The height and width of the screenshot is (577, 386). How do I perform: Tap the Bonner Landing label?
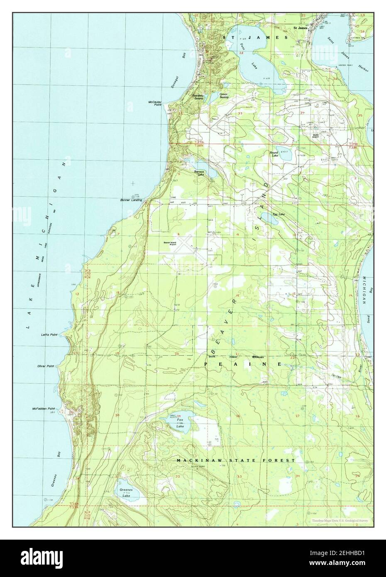[x=131, y=200]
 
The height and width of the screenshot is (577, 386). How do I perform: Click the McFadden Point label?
[x=44, y=409]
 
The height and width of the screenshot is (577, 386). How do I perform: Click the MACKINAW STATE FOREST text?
[x=235, y=460]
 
